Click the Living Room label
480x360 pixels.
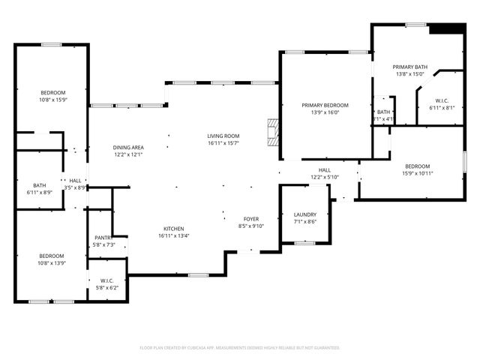[x=223, y=136]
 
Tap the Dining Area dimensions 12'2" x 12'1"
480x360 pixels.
[x=128, y=154]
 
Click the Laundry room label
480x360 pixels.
[x=304, y=214]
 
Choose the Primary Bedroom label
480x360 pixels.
[x=325, y=105]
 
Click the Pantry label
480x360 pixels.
[x=103, y=238]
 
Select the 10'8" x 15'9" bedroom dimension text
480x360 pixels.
[x=53, y=99]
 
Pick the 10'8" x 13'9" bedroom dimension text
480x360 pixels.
[x=52, y=262]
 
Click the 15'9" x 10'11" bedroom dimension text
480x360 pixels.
[x=418, y=173]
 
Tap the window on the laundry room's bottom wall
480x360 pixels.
[x=304, y=243]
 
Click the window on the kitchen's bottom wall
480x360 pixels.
[x=198, y=275]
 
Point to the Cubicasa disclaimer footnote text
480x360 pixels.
[x=240, y=347]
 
